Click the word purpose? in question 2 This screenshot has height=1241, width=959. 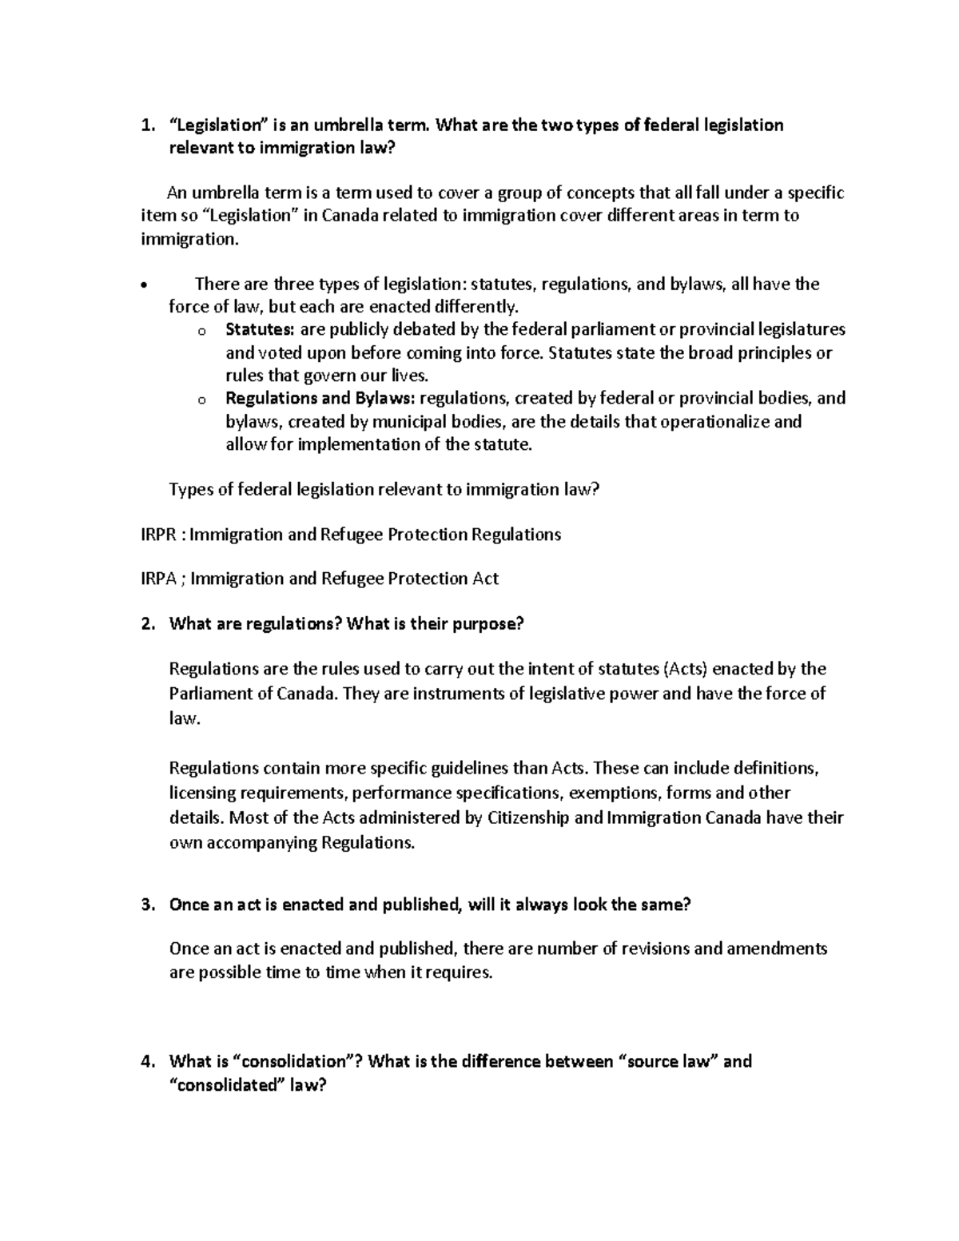pos(488,624)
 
